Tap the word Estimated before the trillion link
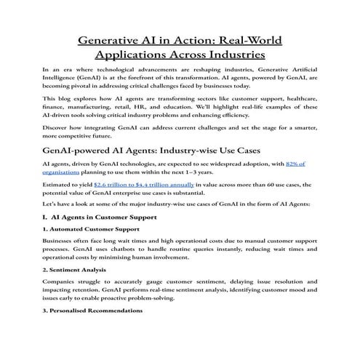pyautogui.click(x=60, y=185)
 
